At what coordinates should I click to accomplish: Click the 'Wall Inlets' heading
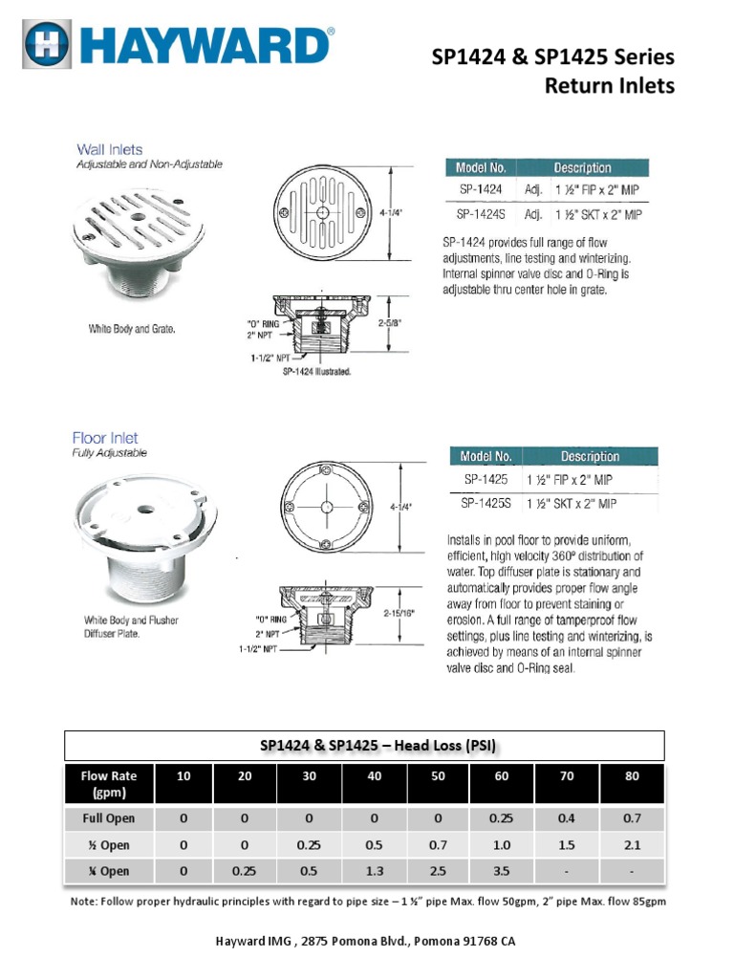(x=109, y=149)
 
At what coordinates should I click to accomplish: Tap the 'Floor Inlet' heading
(x=104, y=438)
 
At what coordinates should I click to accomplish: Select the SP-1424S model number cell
(x=480, y=214)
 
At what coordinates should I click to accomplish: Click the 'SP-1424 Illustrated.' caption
(x=317, y=372)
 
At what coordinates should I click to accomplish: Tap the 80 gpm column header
(x=632, y=776)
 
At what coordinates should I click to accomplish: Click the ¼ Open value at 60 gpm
(x=502, y=871)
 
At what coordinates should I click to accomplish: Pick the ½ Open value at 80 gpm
(x=632, y=845)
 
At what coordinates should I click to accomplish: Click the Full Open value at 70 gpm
(x=567, y=818)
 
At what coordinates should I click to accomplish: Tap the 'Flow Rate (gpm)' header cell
(x=109, y=784)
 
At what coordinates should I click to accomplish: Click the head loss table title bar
(x=363, y=746)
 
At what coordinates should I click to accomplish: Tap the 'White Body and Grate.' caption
(x=133, y=330)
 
